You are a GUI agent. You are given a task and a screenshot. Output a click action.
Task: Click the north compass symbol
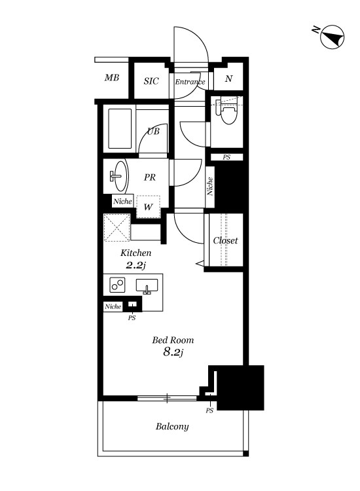[332, 37]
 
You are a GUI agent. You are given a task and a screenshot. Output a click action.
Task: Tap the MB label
[112, 77]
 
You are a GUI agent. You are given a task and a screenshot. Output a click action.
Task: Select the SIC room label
[151, 81]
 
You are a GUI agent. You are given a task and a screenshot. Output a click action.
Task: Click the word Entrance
[190, 82]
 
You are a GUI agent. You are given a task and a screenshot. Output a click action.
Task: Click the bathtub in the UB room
[120, 128]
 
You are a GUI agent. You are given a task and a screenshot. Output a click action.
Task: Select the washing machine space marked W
[149, 206]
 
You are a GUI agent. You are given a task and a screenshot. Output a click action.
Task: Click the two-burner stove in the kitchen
[117, 285]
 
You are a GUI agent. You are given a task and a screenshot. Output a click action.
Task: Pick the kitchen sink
[147, 286]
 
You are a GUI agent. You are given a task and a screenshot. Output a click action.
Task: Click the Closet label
[225, 240]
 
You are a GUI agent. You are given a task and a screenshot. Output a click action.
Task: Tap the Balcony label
[172, 426]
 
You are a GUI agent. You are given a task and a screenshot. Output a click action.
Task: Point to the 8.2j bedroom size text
[173, 352]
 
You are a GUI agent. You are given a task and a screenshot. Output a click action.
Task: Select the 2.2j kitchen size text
[136, 266]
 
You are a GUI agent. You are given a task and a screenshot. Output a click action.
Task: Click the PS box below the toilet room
[226, 157]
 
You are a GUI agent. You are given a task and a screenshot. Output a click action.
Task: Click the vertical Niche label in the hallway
[210, 187]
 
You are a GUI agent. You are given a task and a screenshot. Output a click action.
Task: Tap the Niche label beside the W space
[122, 201]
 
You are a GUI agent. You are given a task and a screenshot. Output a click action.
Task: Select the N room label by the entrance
[229, 79]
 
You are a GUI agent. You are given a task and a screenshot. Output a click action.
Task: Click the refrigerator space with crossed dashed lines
[117, 228]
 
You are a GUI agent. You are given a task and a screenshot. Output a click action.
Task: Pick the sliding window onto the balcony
[167, 398]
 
